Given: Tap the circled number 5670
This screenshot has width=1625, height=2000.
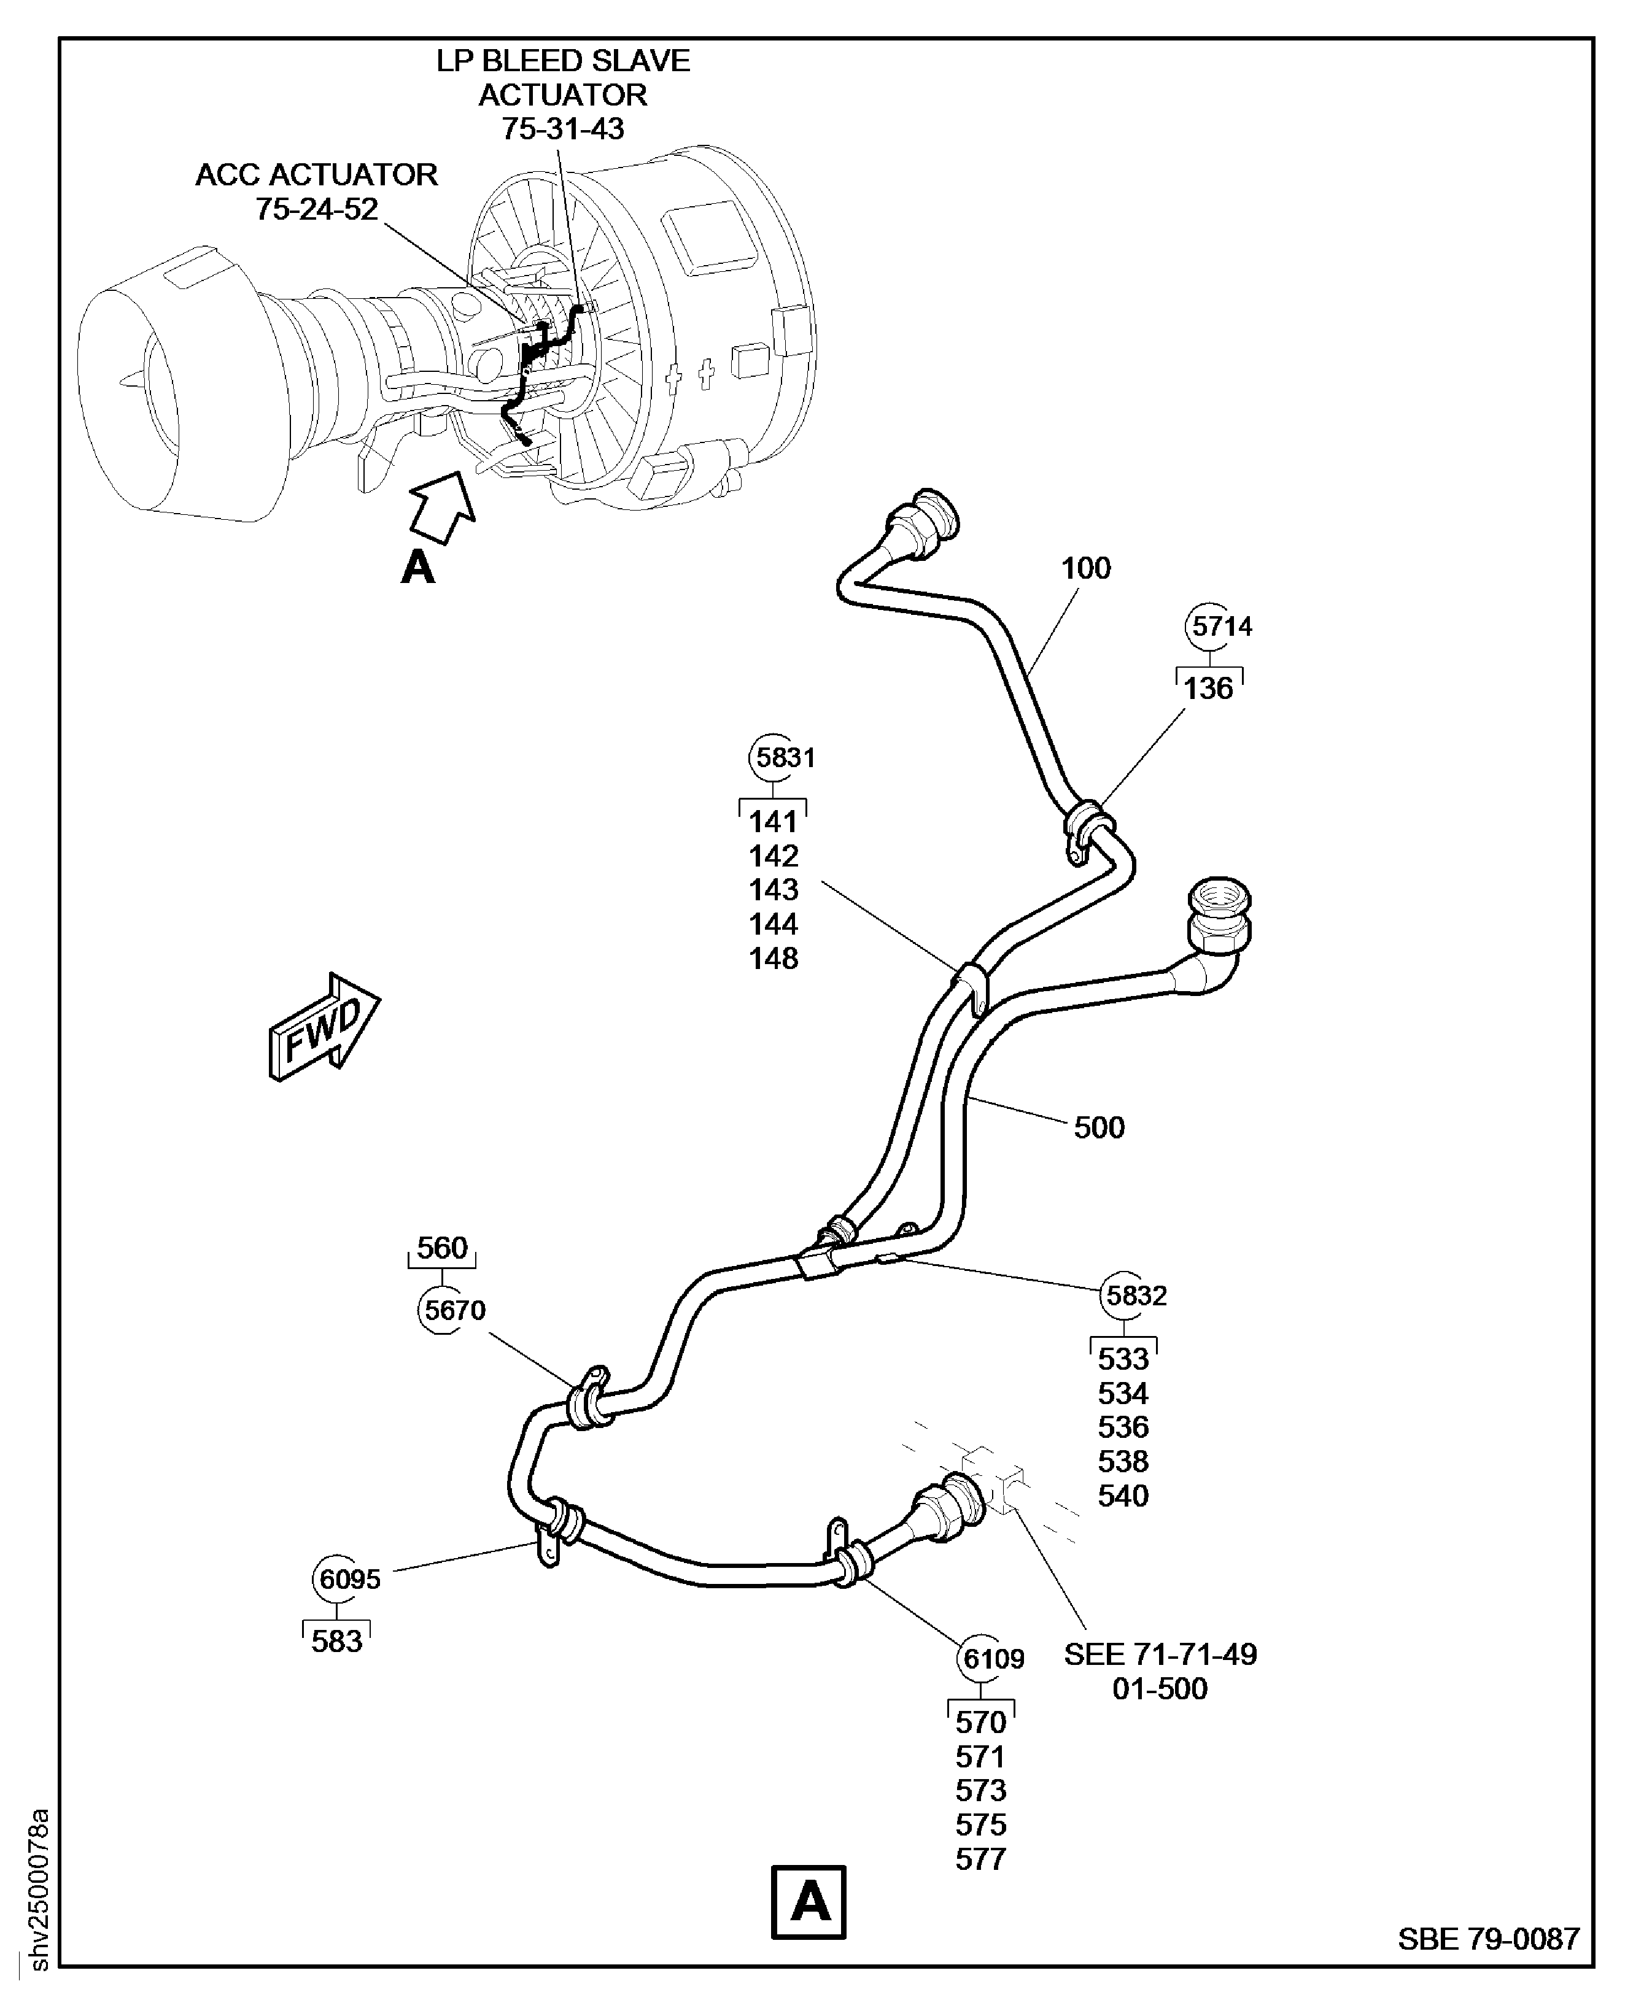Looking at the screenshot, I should pos(455,1310).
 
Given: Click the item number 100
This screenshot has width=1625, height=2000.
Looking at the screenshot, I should pos(1086,568).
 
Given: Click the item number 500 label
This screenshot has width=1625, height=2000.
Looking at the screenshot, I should pos(1099,1127).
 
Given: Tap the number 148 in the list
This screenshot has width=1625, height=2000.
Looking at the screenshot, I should pos(773,959).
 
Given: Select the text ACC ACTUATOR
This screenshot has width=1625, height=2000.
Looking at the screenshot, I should pos(316,175).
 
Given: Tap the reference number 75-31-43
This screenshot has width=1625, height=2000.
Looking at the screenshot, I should pos(562,129).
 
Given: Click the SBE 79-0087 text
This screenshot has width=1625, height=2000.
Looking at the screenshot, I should pos(1488,1938).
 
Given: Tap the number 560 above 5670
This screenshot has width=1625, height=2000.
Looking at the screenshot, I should pos(442,1248).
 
